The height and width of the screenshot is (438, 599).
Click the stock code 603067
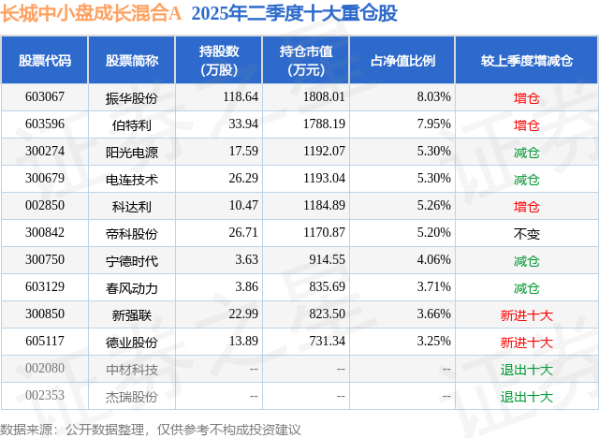(x=45, y=96)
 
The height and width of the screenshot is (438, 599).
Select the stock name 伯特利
(x=132, y=124)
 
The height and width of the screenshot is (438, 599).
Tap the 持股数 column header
(x=221, y=60)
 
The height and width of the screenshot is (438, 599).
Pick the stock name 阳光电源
(x=132, y=152)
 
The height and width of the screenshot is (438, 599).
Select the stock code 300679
(x=45, y=179)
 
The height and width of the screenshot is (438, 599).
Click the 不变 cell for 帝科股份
(x=527, y=233)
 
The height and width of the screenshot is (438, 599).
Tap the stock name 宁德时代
(x=132, y=260)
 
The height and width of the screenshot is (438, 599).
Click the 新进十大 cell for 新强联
(x=527, y=315)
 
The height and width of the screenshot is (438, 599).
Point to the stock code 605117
(x=45, y=343)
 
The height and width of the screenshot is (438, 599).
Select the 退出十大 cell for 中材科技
(x=527, y=370)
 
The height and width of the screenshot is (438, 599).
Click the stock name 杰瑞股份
(x=132, y=397)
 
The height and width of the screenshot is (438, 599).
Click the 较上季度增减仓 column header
(x=527, y=60)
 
